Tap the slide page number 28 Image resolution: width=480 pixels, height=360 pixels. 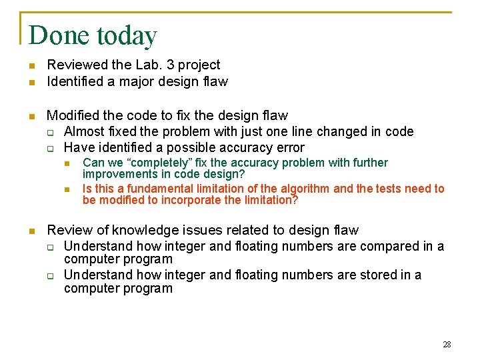click(x=447, y=345)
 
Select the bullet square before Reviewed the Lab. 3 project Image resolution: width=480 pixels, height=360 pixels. click(x=31, y=65)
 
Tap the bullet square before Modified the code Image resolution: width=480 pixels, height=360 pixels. click(x=31, y=116)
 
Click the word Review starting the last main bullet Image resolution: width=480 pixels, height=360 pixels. click(x=67, y=230)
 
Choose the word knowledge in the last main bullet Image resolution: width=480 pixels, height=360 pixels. click(x=135, y=231)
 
